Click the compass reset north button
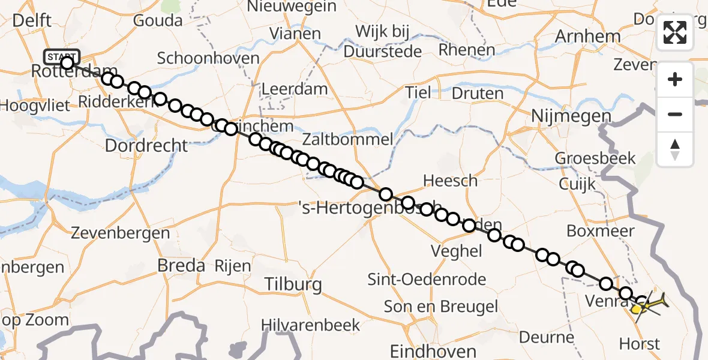675,149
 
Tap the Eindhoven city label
433,351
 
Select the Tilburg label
293,284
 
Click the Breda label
181,265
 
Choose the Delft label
31,21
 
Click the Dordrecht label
146,145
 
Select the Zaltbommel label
348,140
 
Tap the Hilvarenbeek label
311,325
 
